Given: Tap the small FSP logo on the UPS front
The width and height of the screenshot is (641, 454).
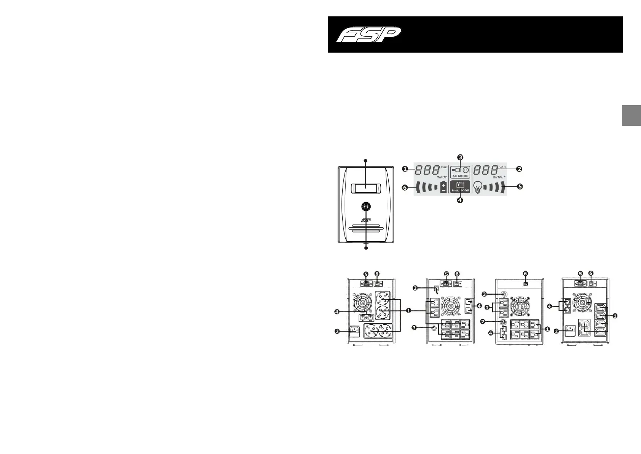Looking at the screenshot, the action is tap(366, 220).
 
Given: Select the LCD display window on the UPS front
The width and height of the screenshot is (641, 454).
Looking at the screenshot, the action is tap(365, 188).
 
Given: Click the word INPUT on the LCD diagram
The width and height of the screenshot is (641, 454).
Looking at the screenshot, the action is tap(431, 177).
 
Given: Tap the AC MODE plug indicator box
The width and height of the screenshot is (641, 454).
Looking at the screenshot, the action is tap(460, 172).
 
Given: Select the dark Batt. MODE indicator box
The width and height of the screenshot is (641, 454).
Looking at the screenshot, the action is tap(460, 186).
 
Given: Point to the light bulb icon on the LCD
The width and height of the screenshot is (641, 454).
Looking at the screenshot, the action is tap(477, 187).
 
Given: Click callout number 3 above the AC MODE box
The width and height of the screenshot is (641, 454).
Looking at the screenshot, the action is tap(460, 157).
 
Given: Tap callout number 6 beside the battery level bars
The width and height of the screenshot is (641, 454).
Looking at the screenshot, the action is tap(405, 187).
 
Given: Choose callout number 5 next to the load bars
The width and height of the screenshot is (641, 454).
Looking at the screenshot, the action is tap(520, 187).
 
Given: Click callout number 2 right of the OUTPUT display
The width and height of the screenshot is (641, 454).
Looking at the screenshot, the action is tap(520, 168).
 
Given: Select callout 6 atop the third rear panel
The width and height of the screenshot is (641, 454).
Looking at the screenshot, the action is tap(526, 274).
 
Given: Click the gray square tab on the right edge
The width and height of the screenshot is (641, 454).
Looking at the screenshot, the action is tap(631, 115).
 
